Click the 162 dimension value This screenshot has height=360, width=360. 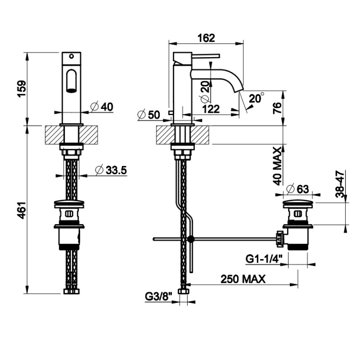tap(206, 38)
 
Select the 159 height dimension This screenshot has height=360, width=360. tap(22, 89)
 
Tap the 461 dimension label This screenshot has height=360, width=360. tap(22, 210)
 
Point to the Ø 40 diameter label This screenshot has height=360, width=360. tap(101, 107)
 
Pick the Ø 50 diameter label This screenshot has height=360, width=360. tap(148, 115)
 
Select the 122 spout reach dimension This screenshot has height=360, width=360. tap(211, 109)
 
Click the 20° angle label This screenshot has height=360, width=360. tap(256, 98)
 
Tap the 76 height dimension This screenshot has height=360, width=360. tap(277, 108)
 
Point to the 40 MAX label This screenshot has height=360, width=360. tap(277, 166)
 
